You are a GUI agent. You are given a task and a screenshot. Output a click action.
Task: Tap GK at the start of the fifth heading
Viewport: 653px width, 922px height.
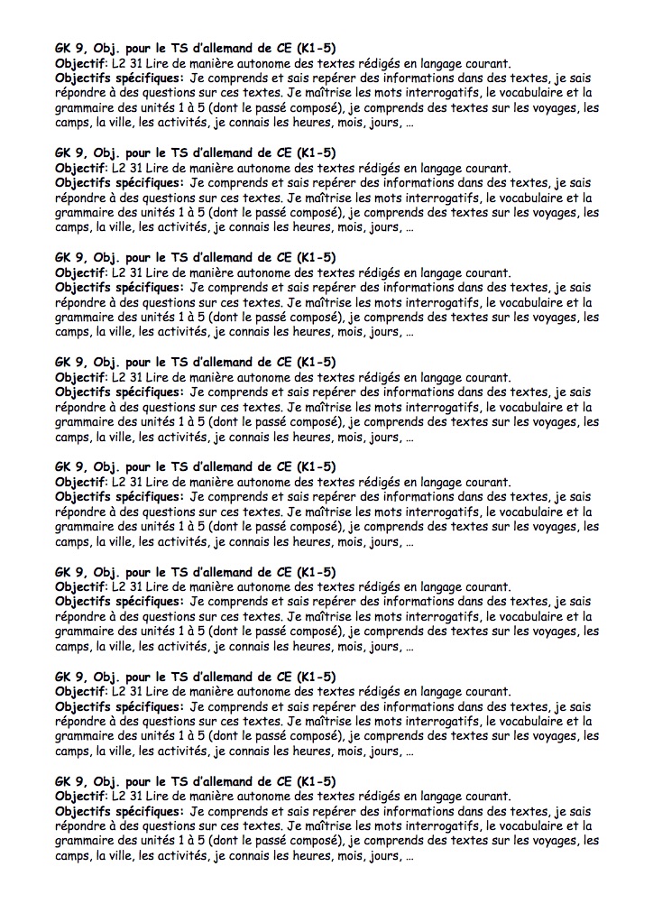pyautogui.click(x=64, y=466)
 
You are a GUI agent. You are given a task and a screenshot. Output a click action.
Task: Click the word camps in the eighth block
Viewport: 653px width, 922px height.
pyautogui.click(x=73, y=856)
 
